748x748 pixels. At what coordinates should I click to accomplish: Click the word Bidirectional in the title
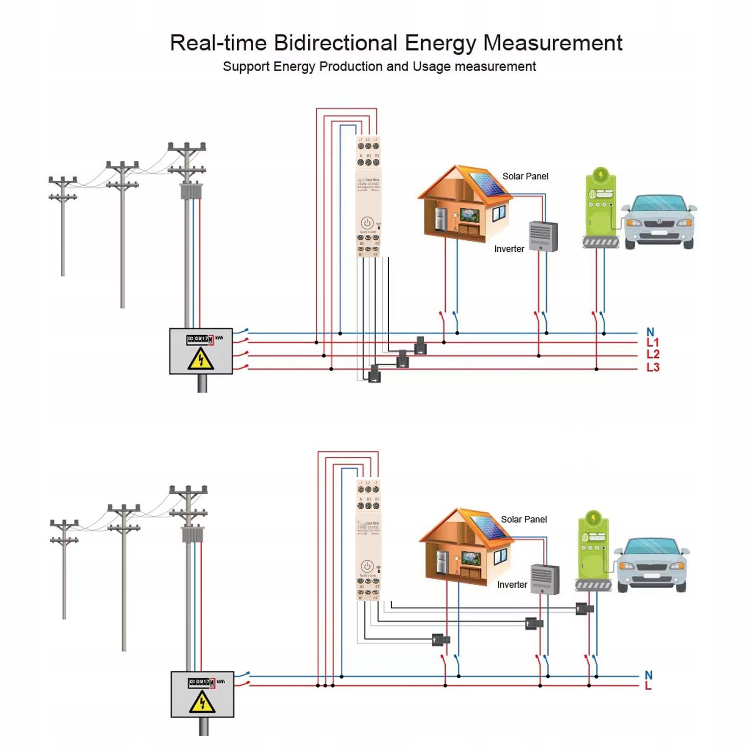click(x=335, y=43)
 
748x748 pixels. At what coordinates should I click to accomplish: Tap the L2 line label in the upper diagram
click(x=653, y=355)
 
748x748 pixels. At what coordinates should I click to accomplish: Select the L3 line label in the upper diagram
click(x=653, y=368)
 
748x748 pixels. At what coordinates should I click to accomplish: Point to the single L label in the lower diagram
click(x=648, y=686)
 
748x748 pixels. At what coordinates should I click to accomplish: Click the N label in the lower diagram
click(x=648, y=675)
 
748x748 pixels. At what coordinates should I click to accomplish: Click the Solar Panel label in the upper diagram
click(x=525, y=176)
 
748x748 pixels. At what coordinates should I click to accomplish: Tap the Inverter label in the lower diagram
click(x=512, y=584)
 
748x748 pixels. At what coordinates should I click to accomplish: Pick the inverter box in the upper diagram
click(x=543, y=236)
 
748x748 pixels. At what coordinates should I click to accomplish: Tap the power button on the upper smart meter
click(x=367, y=223)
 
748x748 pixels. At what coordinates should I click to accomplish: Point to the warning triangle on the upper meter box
click(x=201, y=359)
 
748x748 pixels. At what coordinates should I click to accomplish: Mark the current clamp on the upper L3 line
click(x=375, y=374)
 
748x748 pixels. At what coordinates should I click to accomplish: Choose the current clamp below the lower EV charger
click(x=584, y=609)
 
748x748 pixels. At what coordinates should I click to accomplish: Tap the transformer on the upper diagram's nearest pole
click(x=187, y=191)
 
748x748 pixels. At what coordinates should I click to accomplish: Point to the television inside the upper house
click(x=469, y=215)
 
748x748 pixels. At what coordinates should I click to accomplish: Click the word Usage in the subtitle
click(x=432, y=67)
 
